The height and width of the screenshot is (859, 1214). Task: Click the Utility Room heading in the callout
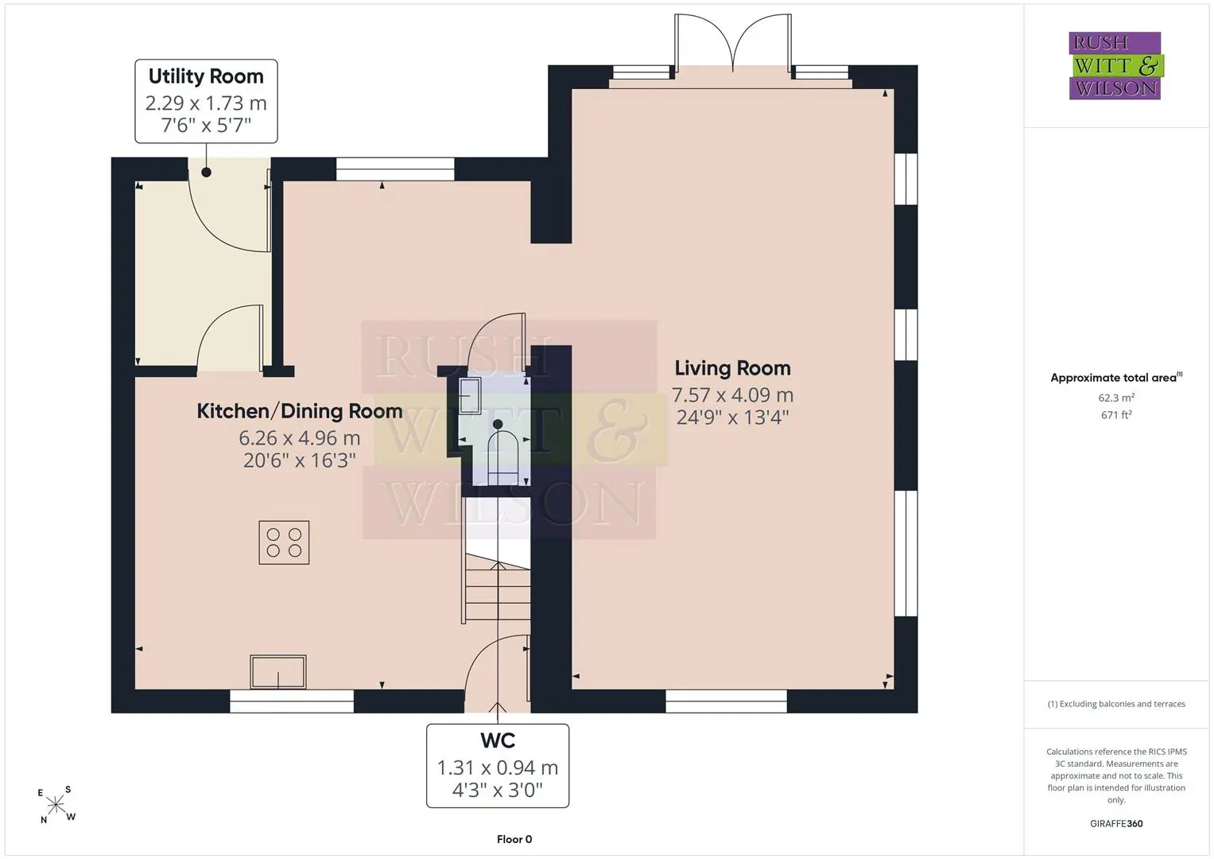point(206,76)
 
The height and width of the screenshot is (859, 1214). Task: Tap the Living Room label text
point(733,368)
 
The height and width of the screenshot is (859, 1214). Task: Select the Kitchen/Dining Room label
point(300,411)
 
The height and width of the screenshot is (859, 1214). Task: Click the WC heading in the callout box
point(498,740)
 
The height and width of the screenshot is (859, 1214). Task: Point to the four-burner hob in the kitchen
point(284,542)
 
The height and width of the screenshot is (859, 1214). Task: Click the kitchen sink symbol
point(278,671)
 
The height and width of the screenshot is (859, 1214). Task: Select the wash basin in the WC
point(469,396)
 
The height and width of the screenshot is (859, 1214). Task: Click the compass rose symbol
point(56,805)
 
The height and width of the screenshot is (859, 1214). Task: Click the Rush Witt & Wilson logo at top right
point(1116,65)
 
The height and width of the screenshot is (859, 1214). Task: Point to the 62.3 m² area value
point(1116,398)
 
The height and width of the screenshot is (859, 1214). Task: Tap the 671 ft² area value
point(1116,415)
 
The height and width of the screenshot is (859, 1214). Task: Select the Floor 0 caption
point(514,839)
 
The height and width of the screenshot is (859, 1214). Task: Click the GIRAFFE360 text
point(1116,823)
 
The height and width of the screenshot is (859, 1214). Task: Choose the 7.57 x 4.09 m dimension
point(733,395)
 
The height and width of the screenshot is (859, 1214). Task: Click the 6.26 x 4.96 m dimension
point(300,437)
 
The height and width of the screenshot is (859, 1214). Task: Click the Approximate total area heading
point(1116,378)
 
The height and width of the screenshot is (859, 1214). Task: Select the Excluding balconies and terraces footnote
point(1116,704)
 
